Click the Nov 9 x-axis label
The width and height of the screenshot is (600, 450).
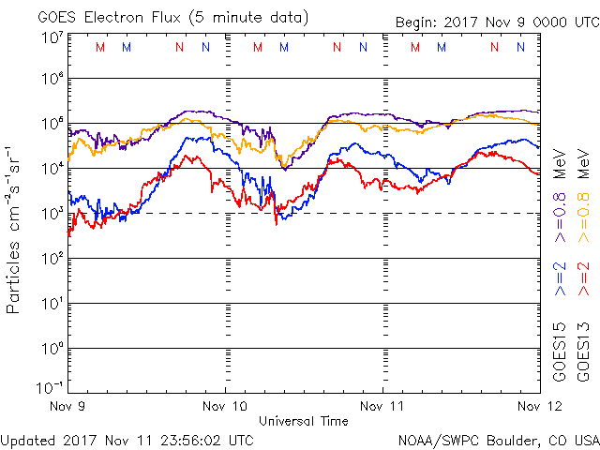(68, 406)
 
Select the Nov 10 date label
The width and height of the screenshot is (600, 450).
(225, 406)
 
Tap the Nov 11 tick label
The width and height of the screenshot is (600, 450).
(382, 406)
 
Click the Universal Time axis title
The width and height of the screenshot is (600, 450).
(303, 421)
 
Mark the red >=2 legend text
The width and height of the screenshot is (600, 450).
(583, 279)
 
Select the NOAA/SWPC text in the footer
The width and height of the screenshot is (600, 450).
(432, 439)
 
